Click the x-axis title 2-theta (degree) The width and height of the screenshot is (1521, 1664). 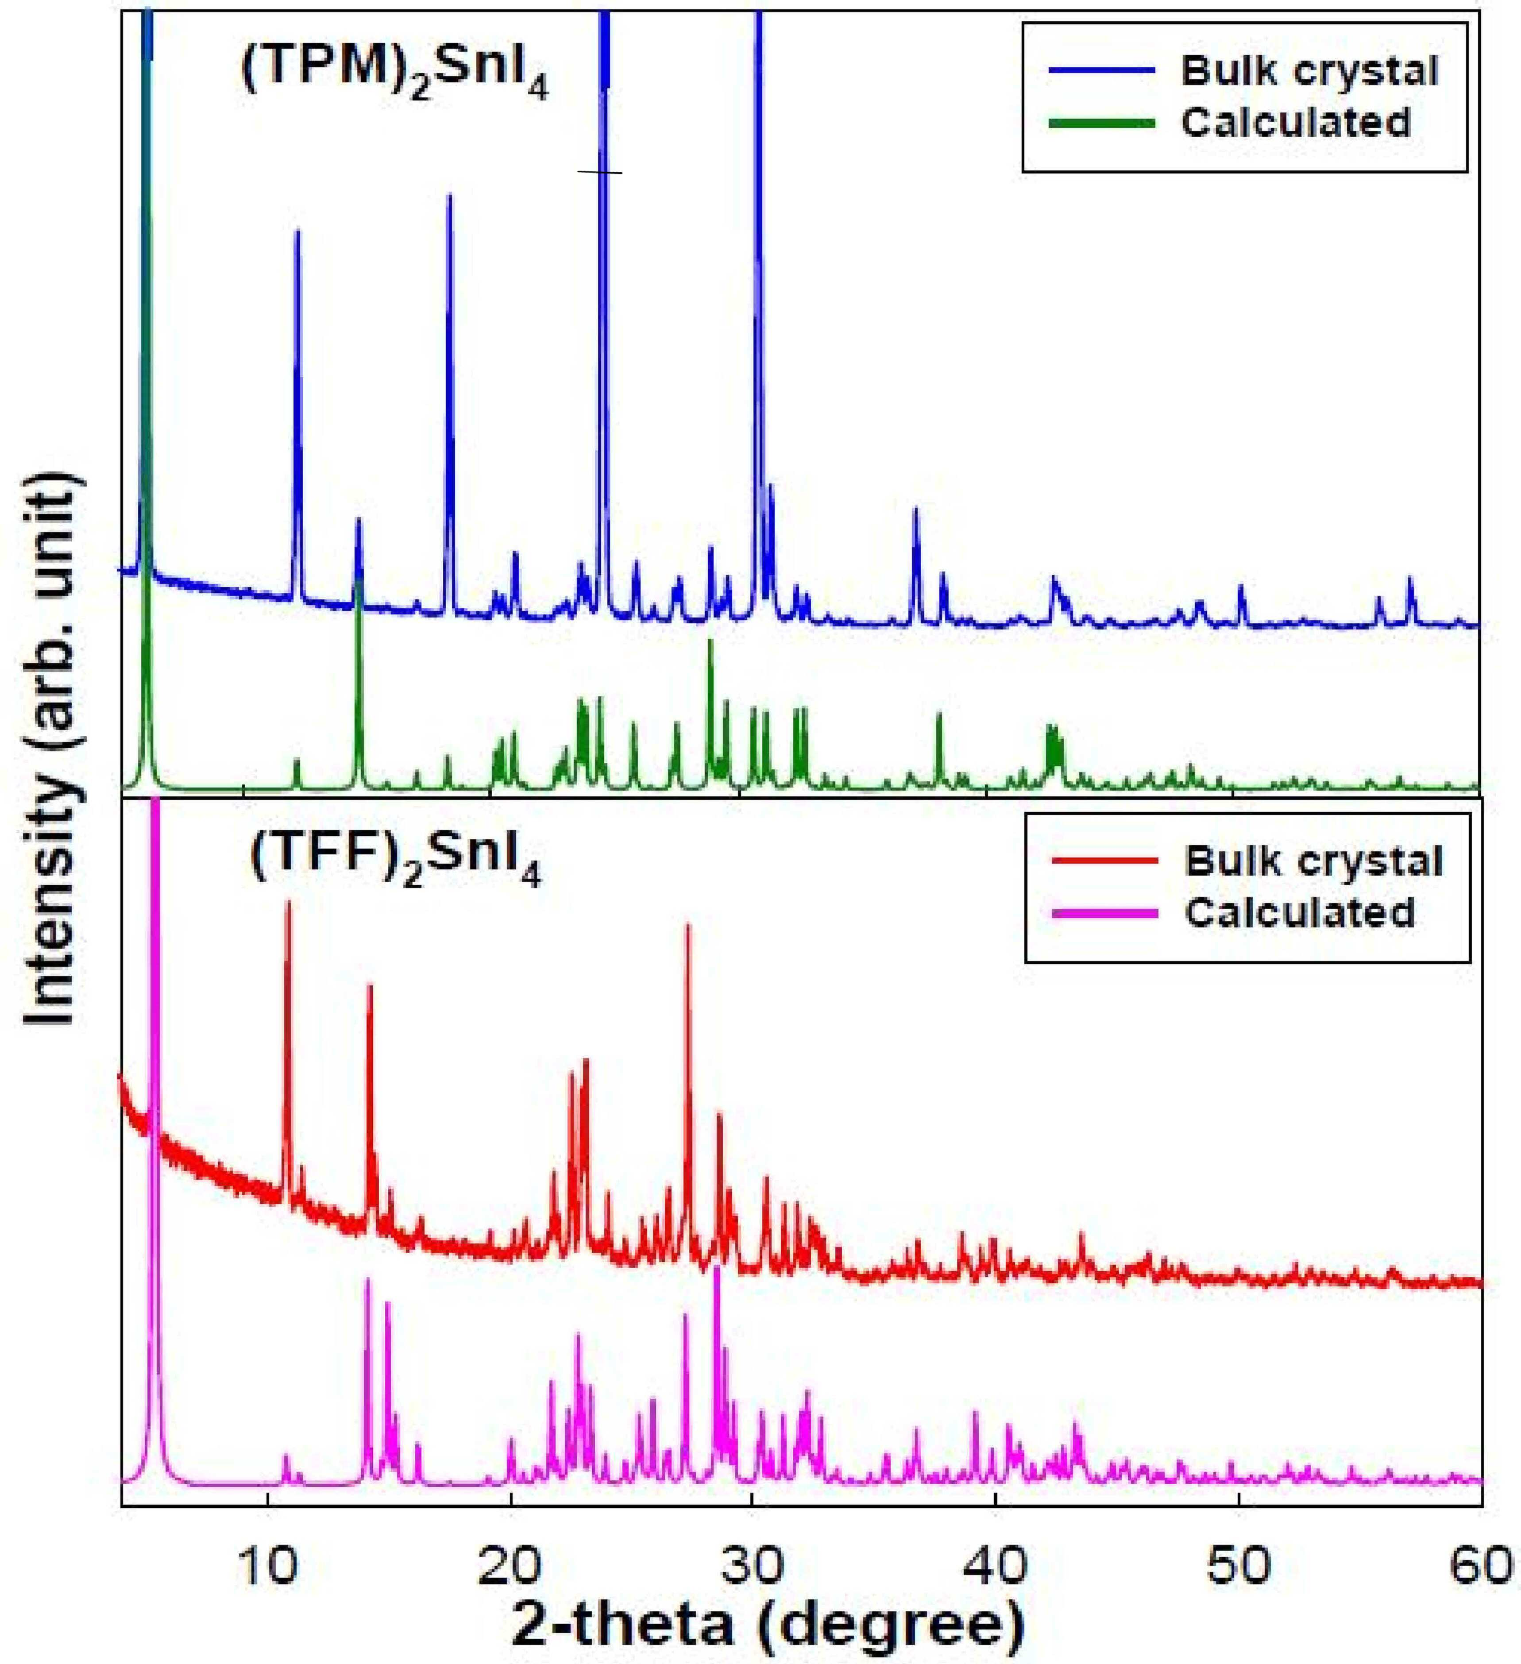768,1626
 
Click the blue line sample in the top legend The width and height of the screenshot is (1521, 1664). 1102,71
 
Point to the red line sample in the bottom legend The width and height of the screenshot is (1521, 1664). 1105,861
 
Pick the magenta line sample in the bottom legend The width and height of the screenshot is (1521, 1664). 1105,912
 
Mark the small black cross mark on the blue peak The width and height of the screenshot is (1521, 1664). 600,172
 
